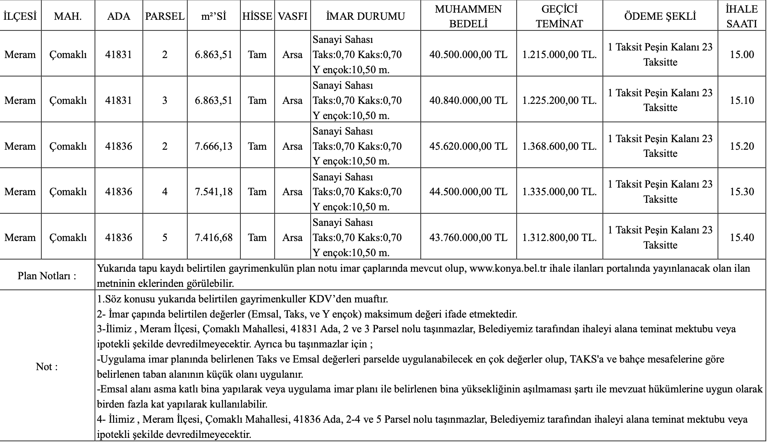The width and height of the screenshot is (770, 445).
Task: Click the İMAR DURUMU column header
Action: click(x=365, y=16)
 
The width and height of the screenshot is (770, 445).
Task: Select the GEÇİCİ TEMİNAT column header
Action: click(x=559, y=16)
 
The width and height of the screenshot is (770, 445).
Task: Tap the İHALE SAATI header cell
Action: click(x=742, y=16)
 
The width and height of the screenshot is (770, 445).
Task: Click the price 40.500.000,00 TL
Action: click(x=468, y=55)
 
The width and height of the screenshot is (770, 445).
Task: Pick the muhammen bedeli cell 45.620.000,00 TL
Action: click(x=468, y=146)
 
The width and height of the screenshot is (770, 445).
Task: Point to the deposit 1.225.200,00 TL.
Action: click(x=559, y=101)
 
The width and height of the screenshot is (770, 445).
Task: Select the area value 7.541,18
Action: click(x=214, y=192)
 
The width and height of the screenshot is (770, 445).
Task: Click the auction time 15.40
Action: click(x=742, y=238)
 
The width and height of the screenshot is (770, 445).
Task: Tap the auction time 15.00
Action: click(x=742, y=55)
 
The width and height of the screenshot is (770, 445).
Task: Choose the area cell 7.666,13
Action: click(x=214, y=146)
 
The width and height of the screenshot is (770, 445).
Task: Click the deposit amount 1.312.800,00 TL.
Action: click(x=559, y=238)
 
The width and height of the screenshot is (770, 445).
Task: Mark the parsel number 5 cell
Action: click(x=165, y=238)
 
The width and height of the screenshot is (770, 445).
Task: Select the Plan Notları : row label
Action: click(x=47, y=276)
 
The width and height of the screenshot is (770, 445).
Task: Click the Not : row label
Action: click(x=47, y=367)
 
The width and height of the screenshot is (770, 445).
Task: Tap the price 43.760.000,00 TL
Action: click(x=468, y=238)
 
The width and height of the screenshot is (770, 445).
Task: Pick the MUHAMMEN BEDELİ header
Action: click(x=468, y=16)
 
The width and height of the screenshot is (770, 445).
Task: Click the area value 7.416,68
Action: click(x=214, y=238)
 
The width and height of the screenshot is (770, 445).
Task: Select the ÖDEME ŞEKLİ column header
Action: click(x=660, y=16)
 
